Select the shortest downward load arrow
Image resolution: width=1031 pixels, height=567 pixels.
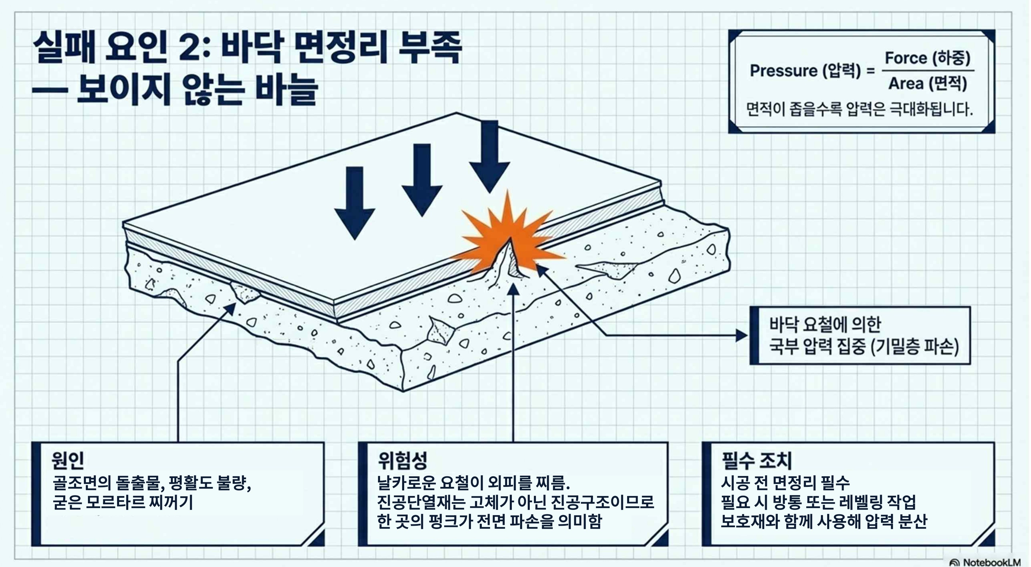[x=355, y=200]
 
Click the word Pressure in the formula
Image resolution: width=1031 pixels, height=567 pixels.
[x=783, y=71]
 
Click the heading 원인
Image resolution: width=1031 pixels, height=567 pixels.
[x=68, y=460]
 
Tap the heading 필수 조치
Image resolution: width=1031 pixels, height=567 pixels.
[x=757, y=460]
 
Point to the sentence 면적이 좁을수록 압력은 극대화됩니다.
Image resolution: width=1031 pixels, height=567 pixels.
[x=859, y=109]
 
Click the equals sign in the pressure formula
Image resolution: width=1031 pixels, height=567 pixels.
[x=870, y=71]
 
